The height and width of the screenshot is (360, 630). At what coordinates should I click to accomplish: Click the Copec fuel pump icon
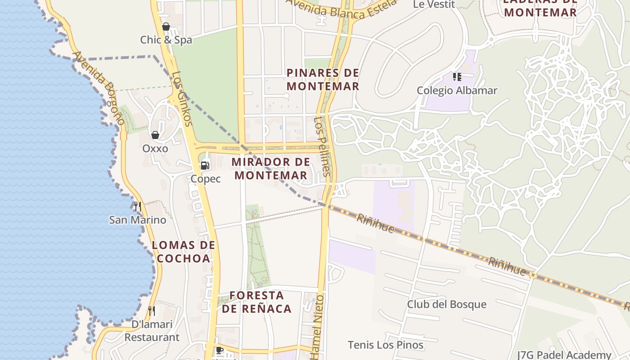(205, 165)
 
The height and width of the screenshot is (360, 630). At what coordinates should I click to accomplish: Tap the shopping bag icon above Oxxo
(155, 135)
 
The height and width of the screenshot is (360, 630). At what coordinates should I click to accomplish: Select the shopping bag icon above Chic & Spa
(166, 27)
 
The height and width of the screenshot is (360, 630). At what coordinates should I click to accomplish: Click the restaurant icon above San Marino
(138, 207)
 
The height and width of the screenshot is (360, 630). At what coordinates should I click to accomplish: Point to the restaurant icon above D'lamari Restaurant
(152, 311)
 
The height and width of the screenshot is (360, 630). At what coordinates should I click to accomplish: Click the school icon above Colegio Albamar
(457, 77)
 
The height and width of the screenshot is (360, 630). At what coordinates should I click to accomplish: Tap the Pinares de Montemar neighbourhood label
(323, 79)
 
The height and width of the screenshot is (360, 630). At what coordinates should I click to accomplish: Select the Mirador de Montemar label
(271, 168)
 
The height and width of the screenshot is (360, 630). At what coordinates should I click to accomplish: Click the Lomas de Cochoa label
(183, 252)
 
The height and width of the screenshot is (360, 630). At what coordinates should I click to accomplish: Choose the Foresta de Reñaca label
(256, 302)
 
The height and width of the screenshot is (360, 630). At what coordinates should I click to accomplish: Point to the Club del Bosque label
(447, 304)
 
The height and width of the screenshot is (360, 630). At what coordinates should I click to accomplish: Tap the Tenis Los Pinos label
(386, 345)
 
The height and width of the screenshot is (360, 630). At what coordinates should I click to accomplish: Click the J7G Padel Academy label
(564, 355)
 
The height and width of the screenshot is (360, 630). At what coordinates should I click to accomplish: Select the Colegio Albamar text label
(457, 90)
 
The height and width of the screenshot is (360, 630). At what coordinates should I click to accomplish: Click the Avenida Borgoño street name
(98, 88)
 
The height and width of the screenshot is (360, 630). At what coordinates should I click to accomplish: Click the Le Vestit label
(434, 4)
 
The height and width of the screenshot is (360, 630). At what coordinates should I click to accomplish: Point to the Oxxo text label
(155, 148)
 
